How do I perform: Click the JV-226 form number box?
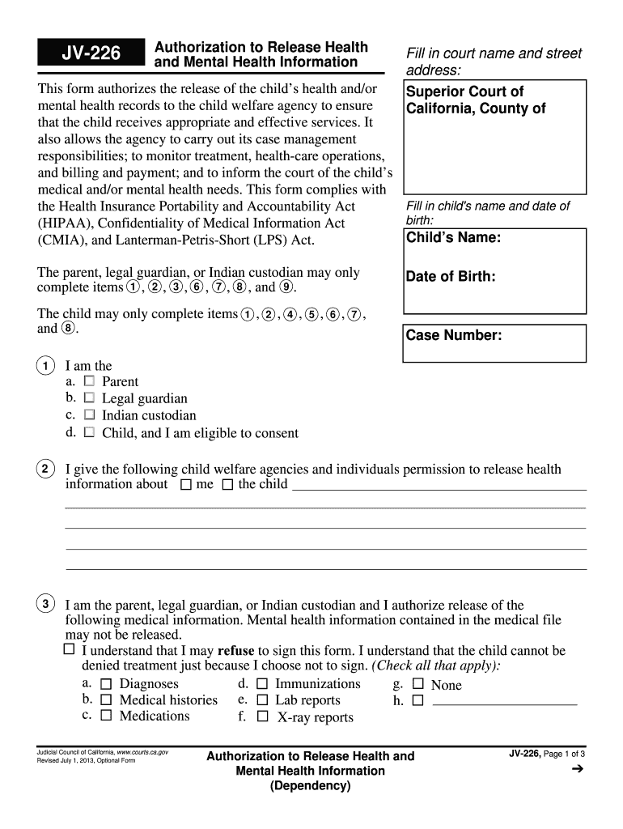point(91,54)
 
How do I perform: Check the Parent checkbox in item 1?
point(89,380)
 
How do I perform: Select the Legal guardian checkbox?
point(89,397)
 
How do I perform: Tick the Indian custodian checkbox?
point(89,414)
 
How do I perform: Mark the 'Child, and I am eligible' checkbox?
point(89,432)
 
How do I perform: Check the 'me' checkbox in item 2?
point(186,485)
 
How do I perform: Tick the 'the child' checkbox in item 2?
point(227,485)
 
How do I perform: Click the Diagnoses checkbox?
point(106,684)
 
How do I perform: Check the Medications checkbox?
point(106,716)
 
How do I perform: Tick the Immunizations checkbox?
point(262,684)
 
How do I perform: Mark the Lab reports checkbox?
point(262,700)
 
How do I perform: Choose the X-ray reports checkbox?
point(262,716)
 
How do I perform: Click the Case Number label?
point(454,335)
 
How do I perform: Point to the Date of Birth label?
point(451,277)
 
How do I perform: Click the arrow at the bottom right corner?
point(577,770)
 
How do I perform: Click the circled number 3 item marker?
point(47,604)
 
